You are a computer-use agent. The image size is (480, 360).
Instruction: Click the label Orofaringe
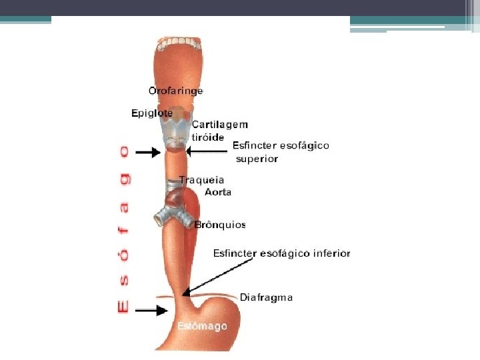click(175, 91)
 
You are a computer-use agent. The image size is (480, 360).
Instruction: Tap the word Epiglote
click(151, 113)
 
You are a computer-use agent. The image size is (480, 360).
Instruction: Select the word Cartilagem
click(220, 125)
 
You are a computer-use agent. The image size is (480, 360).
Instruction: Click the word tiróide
click(207, 137)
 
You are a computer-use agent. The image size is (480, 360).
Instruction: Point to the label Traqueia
click(201, 180)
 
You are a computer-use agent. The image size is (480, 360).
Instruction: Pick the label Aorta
click(218, 192)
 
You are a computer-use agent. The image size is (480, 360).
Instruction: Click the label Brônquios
click(220, 225)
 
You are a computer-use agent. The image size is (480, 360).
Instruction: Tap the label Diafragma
click(266, 297)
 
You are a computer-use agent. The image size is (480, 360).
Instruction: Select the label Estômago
click(202, 327)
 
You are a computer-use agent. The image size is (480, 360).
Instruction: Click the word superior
click(257, 159)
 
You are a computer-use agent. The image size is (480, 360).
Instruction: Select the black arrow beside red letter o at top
click(150, 153)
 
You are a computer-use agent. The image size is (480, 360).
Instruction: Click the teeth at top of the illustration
click(178, 44)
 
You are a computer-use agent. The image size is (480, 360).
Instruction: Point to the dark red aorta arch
click(176, 198)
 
